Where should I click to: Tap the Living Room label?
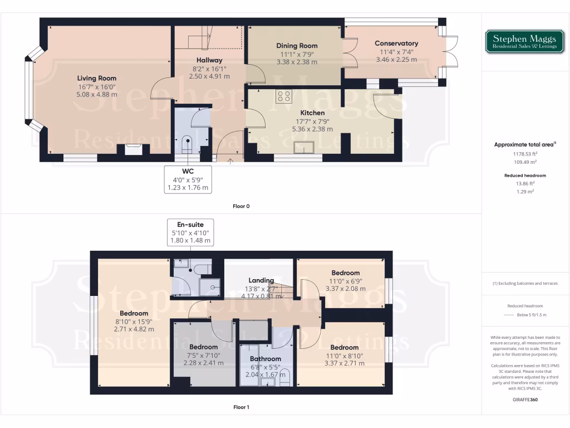pyautogui.click(x=97, y=78)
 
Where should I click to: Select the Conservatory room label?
pyautogui.click(x=396, y=43)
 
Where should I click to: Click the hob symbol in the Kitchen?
pyautogui.click(x=283, y=96)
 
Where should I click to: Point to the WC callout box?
pyautogui.click(x=188, y=179)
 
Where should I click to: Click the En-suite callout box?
pyautogui.click(x=190, y=232)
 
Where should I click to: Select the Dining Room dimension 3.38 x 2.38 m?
pyautogui.click(x=297, y=62)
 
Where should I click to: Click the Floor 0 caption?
pyautogui.click(x=241, y=206)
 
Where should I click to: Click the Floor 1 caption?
pyautogui.click(x=241, y=407)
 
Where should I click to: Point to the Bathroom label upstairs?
pyautogui.click(x=266, y=359)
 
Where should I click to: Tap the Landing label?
pyautogui.click(x=261, y=280)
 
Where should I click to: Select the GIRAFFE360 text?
pyautogui.click(x=526, y=400)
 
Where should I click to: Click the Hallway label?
pyautogui.click(x=209, y=60)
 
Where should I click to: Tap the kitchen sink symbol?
pyautogui.click(x=305, y=147)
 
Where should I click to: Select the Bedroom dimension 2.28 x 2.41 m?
pyautogui.click(x=203, y=363)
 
